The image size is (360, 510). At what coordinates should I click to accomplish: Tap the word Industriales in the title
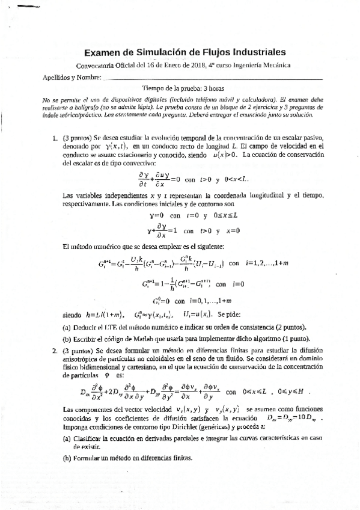pyautogui.click(x=253, y=53)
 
